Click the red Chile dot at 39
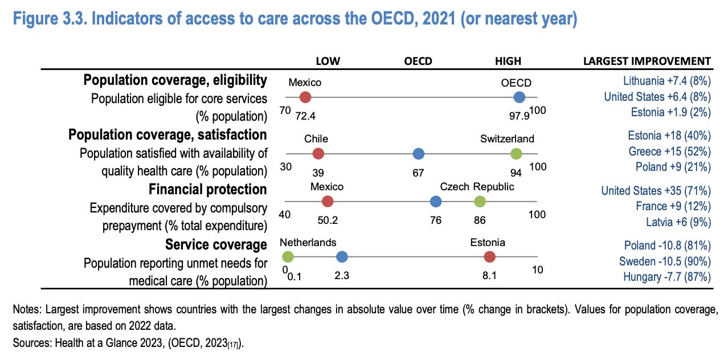point(318,153)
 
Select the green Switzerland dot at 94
point(516,153)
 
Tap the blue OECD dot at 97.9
point(519,97)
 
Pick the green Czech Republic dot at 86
point(480,201)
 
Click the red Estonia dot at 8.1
point(489,257)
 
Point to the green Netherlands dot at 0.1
point(288,257)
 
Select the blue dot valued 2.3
point(342,257)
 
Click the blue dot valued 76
point(436,201)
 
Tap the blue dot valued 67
point(419,153)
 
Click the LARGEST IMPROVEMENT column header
point(647,61)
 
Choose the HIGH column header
point(508,61)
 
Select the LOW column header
point(329,61)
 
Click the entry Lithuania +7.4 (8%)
point(667,80)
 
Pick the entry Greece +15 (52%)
point(669,151)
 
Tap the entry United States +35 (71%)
point(656,190)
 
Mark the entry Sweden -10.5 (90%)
point(665,261)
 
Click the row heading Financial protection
point(208,189)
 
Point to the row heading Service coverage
point(216,244)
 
